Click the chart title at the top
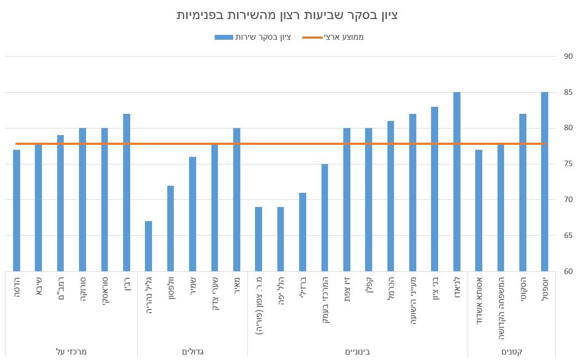287,15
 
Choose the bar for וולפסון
171,228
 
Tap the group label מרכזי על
71,351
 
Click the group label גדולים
192,351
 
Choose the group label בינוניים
357,351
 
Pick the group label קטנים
511,351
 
